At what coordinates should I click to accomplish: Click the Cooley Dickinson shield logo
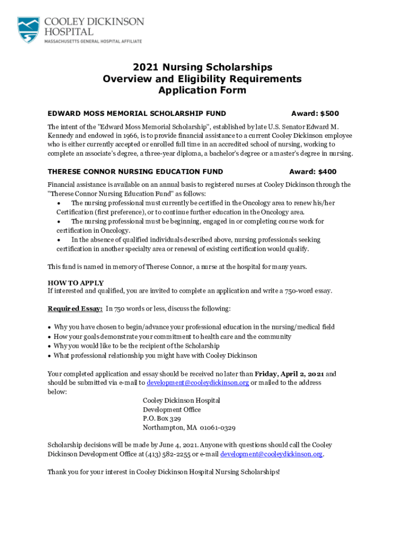(28, 29)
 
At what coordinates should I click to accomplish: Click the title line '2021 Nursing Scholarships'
(202, 67)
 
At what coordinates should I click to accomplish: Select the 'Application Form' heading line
(202, 91)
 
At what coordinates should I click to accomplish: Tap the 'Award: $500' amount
(315, 113)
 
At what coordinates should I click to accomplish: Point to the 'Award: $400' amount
(313, 172)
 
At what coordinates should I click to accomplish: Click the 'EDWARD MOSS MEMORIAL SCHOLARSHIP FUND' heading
(137, 113)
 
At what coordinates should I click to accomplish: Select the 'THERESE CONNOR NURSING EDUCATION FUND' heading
(135, 172)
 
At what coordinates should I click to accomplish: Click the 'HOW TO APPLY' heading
(76, 283)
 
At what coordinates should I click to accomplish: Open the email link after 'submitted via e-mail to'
(197, 383)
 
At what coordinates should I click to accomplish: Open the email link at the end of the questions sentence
(271, 454)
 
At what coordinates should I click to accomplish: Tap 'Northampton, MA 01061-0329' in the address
(189, 427)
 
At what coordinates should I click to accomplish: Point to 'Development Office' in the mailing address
(171, 410)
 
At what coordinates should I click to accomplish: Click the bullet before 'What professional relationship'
(49, 356)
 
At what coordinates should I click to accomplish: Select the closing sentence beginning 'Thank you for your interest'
(164, 472)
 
